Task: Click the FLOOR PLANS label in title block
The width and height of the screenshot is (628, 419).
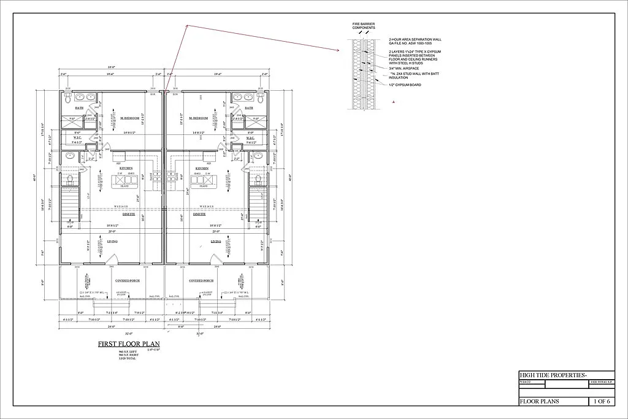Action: [540, 401]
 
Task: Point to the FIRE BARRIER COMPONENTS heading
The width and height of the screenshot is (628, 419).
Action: [364, 26]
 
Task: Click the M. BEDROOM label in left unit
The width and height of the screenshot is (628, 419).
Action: [130, 118]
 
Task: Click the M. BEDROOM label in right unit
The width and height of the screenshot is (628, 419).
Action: [199, 118]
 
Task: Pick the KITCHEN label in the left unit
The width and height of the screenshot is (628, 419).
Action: [126, 167]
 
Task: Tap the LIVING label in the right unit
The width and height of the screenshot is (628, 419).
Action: [215, 241]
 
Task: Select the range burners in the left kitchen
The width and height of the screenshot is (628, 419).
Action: [157, 182]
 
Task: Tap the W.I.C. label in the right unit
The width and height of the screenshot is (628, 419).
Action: [250, 138]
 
